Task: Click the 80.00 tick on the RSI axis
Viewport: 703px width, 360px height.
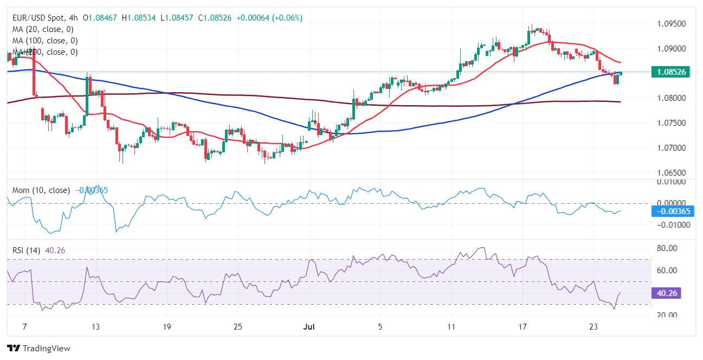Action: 667,248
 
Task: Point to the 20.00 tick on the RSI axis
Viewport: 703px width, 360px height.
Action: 667,315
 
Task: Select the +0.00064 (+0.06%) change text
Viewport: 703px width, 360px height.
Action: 268,18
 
